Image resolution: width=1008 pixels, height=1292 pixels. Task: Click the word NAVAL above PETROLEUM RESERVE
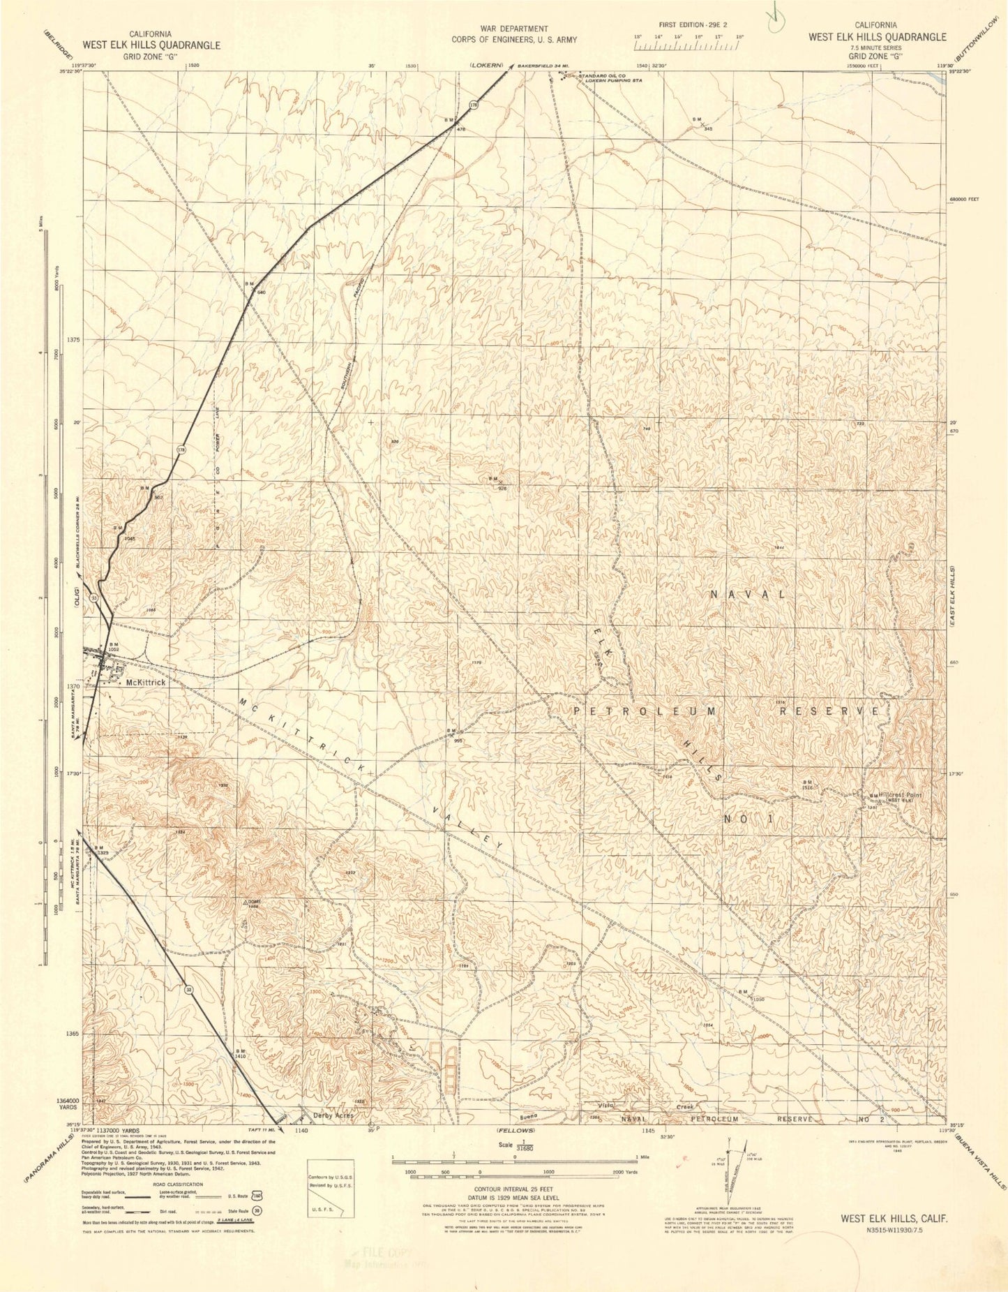click(x=749, y=595)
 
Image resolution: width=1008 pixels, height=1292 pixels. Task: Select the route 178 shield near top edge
click(x=474, y=105)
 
